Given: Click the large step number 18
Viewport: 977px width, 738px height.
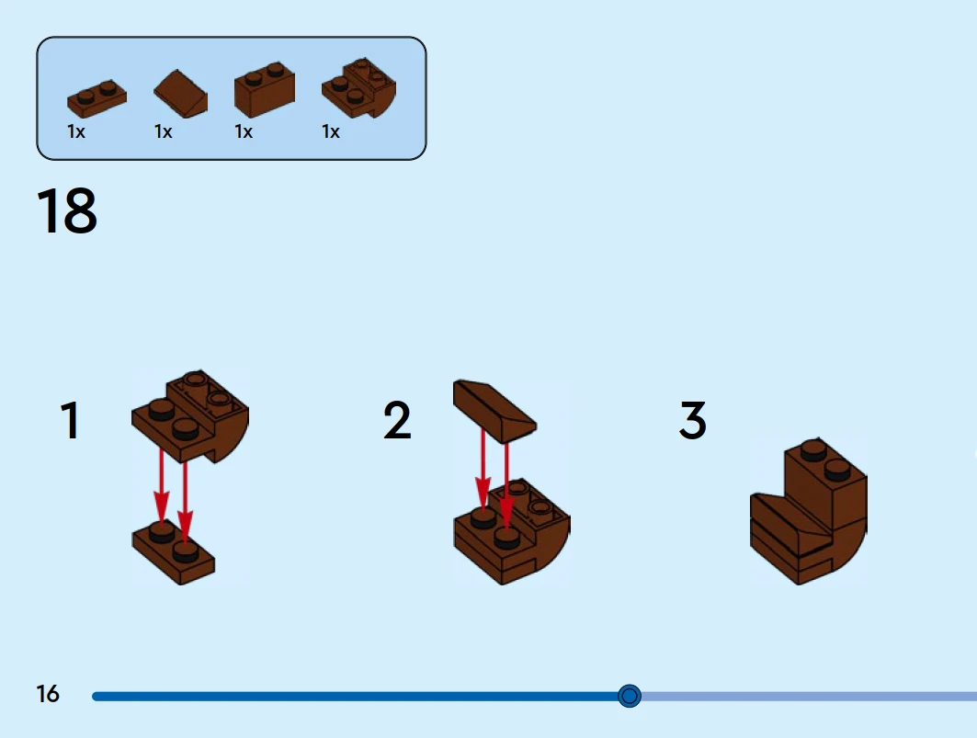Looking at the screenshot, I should [x=67, y=211].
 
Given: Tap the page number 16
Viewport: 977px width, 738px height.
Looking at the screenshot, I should [x=48, y=694].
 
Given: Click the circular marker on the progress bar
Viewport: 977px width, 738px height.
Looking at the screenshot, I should [x=630, y=696].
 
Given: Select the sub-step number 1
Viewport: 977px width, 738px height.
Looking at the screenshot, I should [x=70, y=421].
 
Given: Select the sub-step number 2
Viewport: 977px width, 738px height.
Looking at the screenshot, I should [x=397, y=421].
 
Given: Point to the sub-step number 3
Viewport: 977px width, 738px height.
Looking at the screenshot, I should [x=693, y=421].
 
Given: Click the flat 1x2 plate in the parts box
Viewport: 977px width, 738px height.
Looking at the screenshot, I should [x=97, y=97].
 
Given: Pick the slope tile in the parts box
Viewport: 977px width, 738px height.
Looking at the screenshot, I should [x=180, y=93].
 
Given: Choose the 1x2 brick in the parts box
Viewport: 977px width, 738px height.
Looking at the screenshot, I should [x=264, y=90].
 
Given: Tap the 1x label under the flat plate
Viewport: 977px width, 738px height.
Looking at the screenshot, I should [x=76, y=132].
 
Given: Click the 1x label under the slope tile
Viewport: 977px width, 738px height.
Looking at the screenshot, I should [x=164, y=132].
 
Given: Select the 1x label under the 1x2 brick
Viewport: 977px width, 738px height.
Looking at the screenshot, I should [x=244, y=132].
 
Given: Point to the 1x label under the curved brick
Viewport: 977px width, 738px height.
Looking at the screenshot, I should [x=331, y=132].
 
